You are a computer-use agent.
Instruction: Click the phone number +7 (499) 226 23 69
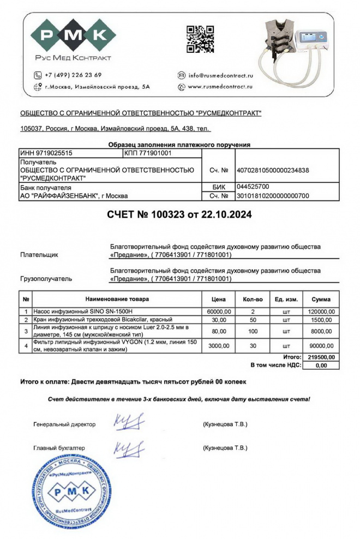(x=73, y=75)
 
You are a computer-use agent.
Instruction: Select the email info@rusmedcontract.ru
(x=221, y=75)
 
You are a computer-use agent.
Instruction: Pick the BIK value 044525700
(x=253, y=187)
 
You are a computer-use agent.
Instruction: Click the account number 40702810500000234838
(x=272, y=170)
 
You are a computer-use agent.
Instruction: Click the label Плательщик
(x=39, y=255)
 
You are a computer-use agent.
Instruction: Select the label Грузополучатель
(x=46, y=279)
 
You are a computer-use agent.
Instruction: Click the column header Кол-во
(x=253, y=300)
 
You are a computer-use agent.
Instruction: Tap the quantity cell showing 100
(x=253, y=331)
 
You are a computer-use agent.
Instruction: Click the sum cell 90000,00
(x=320, y=345)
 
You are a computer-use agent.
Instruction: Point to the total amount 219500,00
(x=320, y=357)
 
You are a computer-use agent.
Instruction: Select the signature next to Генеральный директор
(x=129, y=422)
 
